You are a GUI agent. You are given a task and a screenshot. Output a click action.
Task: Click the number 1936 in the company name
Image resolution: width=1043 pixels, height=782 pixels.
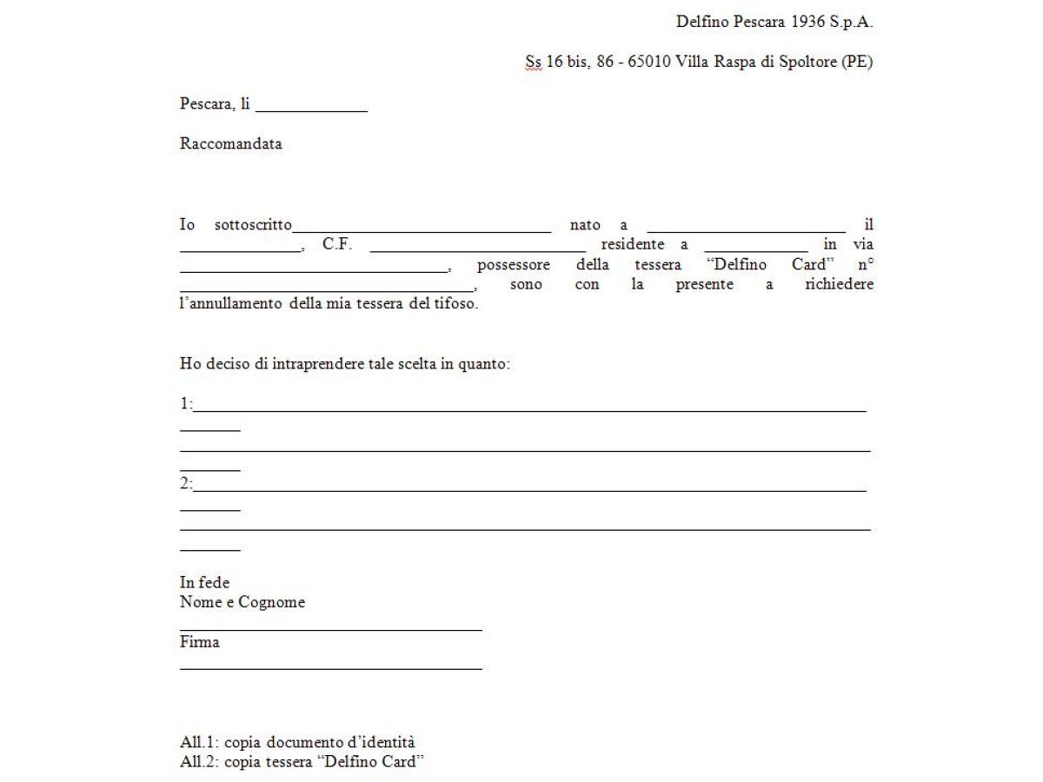[x=807, y=23]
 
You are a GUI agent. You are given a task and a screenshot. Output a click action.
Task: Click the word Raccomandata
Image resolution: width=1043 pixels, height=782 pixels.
[x=230, y=144]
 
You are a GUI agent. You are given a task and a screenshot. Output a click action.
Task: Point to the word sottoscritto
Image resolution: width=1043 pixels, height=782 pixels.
[x=253, y=225]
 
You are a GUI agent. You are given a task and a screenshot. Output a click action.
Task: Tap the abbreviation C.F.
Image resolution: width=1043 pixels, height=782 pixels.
[x=337, y=245]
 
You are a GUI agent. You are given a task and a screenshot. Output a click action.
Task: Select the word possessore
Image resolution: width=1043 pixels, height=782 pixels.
[x=513, y=265]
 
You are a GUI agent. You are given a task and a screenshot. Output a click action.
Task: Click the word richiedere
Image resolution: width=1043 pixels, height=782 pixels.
[x=839, y=285]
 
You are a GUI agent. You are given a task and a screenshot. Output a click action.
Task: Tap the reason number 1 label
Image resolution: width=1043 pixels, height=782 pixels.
[x=185, y=404]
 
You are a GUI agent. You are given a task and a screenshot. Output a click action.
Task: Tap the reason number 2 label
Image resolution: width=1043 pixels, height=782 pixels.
[x=185, y=484]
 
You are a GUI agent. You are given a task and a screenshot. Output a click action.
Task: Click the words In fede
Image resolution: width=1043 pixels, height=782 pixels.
[x=204, y=583]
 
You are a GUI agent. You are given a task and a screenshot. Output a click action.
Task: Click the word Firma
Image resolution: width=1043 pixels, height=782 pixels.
[x=200, y=643]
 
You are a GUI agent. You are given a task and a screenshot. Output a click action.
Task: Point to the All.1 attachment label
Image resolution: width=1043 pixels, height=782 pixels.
[x=198, y=743]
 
